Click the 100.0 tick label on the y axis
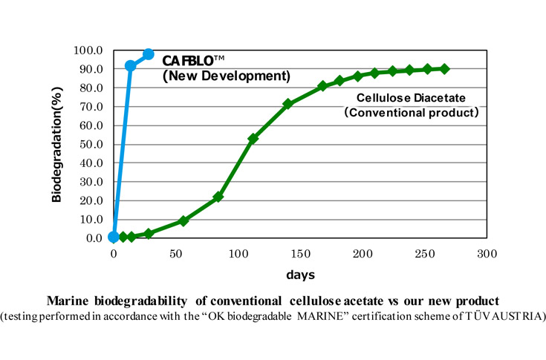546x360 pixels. click(x=88, y=50)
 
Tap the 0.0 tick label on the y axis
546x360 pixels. click(x=93, y=238)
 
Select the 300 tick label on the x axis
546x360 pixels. click(x=486, y=253)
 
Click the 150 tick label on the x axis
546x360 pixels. click(x=300, y=253)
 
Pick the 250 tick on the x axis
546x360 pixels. click(x=424, y=253)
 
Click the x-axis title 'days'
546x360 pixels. click(x=299, y=274)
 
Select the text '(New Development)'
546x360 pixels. click(x=226, y=75)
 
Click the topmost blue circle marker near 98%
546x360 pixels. click(x=149, y=54)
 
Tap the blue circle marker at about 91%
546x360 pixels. click(x=131, y=66)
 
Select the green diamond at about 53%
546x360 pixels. click(x=253, y=139)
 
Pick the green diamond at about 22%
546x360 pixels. click(x=218, y=197)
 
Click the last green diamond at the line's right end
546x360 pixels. click(x=444, y=69)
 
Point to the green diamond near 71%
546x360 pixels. click(x=287, y=104)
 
